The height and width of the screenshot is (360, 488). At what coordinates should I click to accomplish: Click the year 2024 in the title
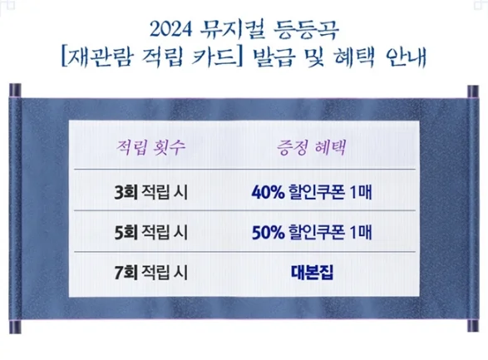click(175, 31)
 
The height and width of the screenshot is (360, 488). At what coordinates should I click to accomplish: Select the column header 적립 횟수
click(149, 150)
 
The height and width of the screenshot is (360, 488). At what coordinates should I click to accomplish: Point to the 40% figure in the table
click(266, 193)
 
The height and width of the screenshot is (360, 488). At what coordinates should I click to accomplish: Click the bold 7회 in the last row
click(127, 272)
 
